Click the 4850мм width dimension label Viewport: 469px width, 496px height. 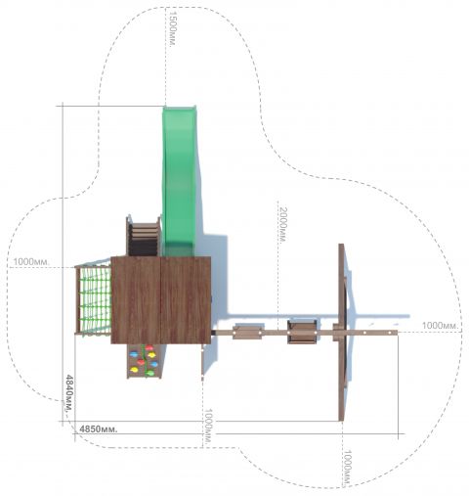coord(99,428)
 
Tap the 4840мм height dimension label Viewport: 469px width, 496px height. coord(69,393)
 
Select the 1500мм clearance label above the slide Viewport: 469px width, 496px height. coord(173,28)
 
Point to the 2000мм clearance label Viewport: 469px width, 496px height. coord(283,225)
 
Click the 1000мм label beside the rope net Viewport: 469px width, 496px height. coord(31,261)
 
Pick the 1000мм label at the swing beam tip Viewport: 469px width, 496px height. coord(441,326)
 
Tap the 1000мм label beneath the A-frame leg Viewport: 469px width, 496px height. coord(348,468)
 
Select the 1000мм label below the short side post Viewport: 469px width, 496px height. coord(208,427)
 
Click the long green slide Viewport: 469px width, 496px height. coord(180,181)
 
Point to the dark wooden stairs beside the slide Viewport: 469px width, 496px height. coord(144,236)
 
